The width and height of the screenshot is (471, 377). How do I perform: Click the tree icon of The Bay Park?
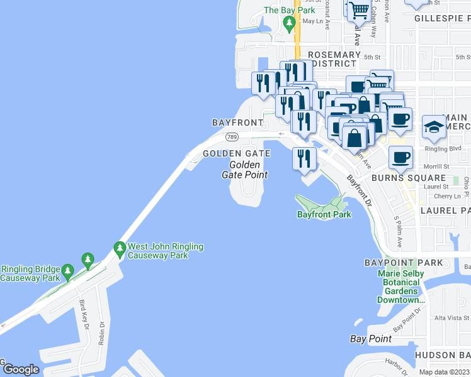click(289, 25)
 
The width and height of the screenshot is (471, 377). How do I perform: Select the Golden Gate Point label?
click(245, 170)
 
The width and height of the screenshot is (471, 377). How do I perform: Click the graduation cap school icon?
click(434, 128)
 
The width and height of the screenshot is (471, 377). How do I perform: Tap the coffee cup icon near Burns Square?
click(400, 158)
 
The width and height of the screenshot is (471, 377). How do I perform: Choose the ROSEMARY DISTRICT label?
click(328, 59)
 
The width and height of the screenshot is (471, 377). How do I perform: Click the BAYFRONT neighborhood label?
click(237, 122)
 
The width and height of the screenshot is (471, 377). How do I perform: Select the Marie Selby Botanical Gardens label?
click(400, 287)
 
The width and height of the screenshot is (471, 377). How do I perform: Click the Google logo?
click(21, 369)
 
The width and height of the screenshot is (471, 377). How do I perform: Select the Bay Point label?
click(370, 339)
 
